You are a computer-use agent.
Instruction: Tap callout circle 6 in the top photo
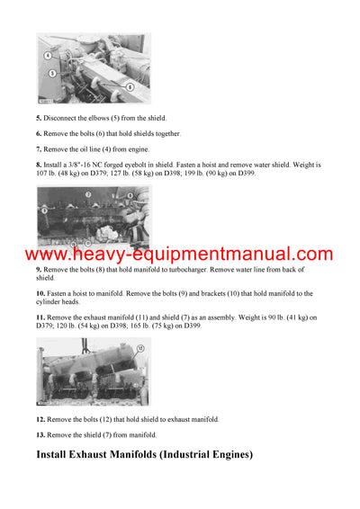(x=130, y=86)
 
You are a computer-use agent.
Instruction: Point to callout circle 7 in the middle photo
(x=89, y=193)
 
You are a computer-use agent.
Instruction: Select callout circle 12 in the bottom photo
(x=139, y=361)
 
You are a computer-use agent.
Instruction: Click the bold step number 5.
(x=39, y=119)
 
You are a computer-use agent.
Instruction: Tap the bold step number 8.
(x=39, y=165)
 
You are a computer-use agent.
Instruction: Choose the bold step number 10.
(x=40, y=293)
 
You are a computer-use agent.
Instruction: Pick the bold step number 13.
(x=40, y=434)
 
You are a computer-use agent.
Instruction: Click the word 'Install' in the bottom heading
(x=56, y=455)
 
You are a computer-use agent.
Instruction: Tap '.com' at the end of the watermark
(x=310, y=254)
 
